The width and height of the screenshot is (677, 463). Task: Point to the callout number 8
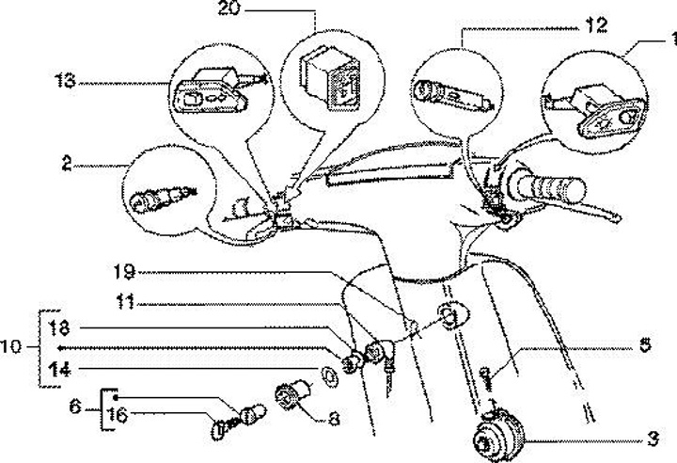point(335,421)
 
